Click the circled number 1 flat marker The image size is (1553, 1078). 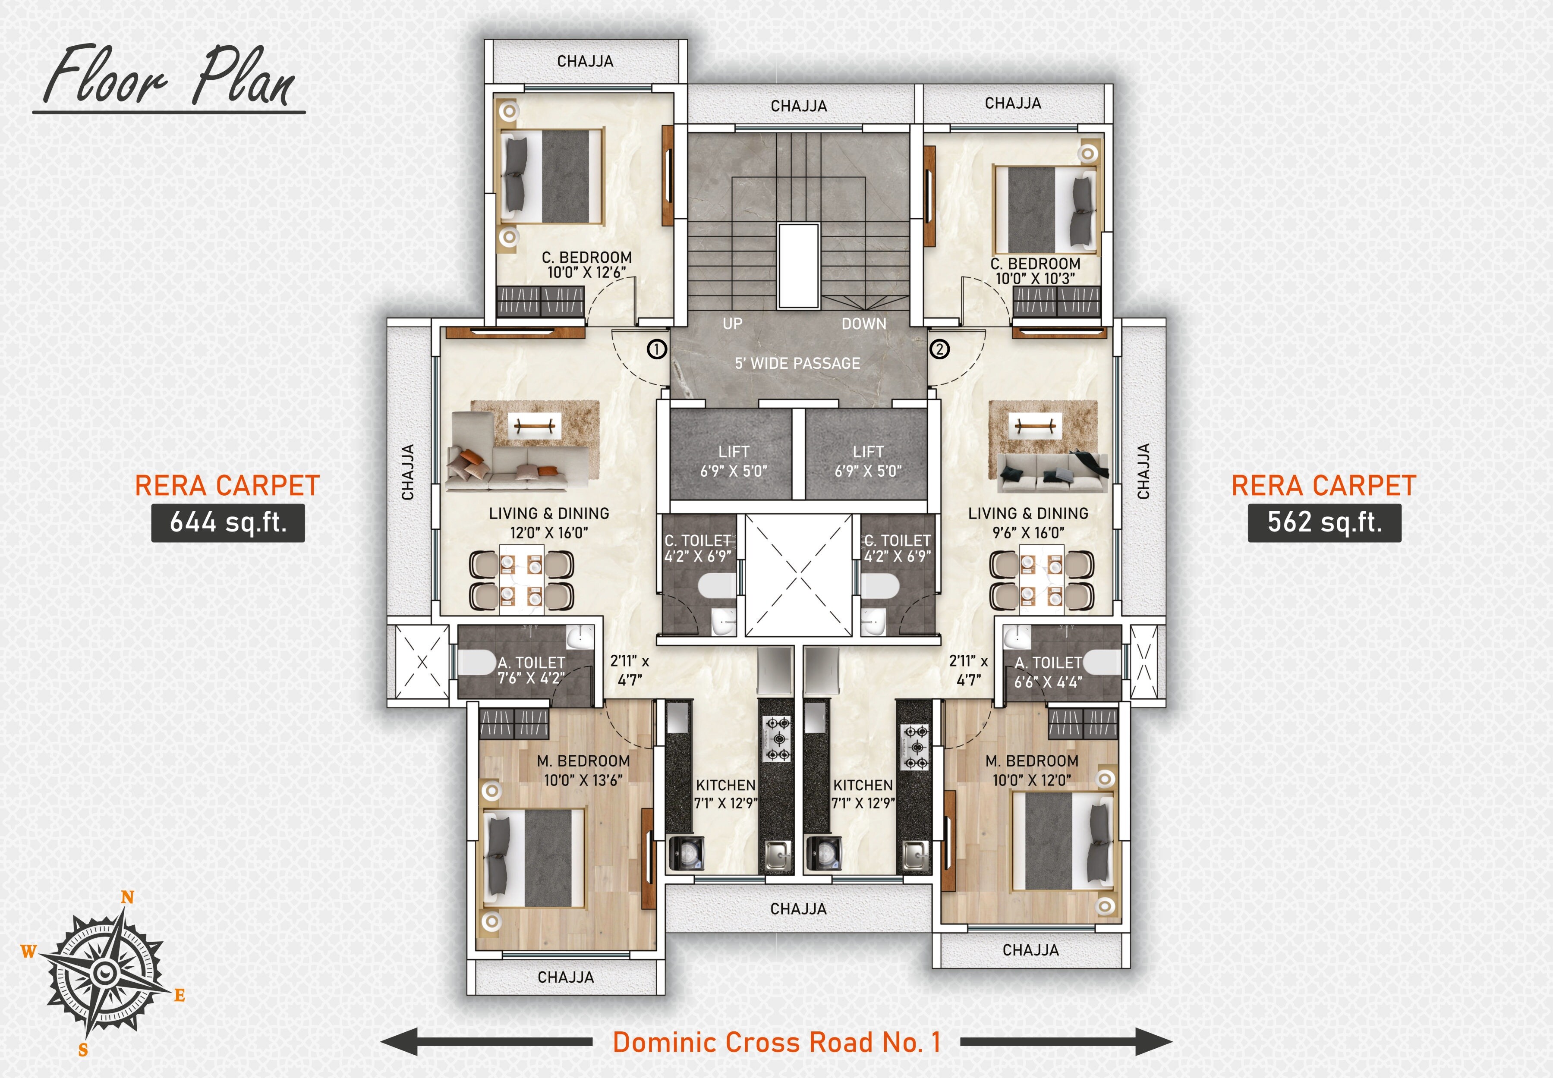pyautogui.click(x=657, y=349)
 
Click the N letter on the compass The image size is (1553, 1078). pyautogui.click(x=127, y=898)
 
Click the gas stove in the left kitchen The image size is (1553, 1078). pyautogui.click(x=776, y=740)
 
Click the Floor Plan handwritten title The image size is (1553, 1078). pyautogui.click(x=169, y=78)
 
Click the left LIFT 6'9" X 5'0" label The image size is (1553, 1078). pyautogui.click(x=733, y=461)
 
